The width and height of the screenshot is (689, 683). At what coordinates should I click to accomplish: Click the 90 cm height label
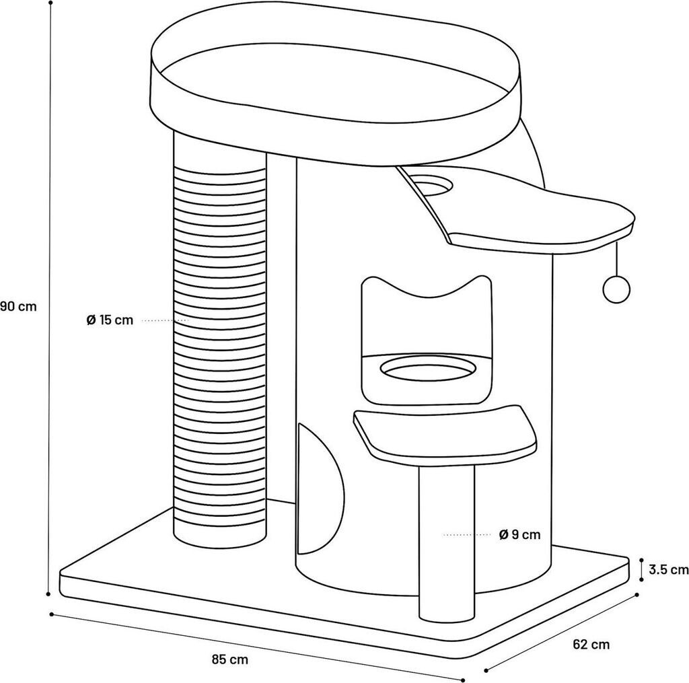coord(18,306)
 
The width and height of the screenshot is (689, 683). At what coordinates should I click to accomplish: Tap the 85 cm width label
coord(229,659)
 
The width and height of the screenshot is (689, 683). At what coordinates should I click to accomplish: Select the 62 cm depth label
coord(591,645)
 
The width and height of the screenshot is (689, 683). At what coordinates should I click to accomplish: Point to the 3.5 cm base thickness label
coord(669,570)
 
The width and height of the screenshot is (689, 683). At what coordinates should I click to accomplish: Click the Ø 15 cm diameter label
coord(110,320)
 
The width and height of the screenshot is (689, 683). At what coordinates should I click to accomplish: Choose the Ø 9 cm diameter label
coord(520,535)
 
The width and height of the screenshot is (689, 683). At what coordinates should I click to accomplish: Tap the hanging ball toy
coord(614,289)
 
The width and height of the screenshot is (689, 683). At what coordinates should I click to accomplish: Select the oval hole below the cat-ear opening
coord(428,367)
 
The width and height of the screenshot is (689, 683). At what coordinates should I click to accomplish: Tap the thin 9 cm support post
coord(446,538)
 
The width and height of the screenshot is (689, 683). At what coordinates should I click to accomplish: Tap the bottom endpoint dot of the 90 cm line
coord(48,594)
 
